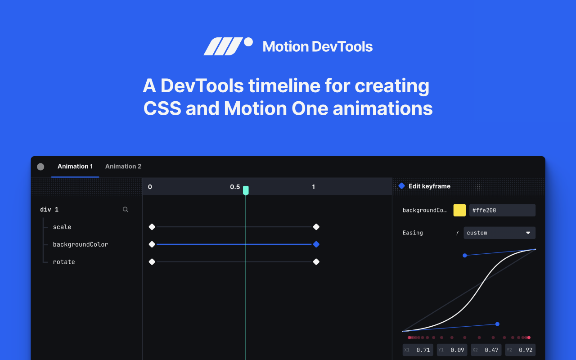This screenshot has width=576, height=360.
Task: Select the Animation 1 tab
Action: [75, 166]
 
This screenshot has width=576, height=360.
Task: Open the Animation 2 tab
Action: [123, 166]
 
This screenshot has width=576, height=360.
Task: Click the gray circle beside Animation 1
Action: [40, 166]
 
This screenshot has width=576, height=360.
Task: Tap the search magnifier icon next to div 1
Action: [126, 210]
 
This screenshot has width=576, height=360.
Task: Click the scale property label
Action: [62, 227]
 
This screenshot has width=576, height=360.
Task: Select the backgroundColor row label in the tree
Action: [80, 244]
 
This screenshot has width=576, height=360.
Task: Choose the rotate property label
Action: [64, 262]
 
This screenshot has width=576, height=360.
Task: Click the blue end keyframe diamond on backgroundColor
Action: [316, 244]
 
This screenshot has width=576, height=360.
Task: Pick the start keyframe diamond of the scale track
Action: [152, 227]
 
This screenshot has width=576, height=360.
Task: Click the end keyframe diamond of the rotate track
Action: [316, 262]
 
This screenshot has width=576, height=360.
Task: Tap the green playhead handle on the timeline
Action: [246, 190]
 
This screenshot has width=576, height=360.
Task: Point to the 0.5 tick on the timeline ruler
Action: [235, 187]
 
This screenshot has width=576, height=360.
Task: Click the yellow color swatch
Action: [459, 210]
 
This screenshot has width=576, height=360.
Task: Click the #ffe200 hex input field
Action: [502, 210]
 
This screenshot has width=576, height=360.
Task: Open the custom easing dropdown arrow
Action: [528, 233]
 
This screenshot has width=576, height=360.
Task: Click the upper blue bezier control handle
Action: [465, 255]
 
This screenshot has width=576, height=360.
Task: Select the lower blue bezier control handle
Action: [497, 324]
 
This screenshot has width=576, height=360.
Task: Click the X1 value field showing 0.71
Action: [418, 350]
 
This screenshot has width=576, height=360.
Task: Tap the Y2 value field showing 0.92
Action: [520, 350]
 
